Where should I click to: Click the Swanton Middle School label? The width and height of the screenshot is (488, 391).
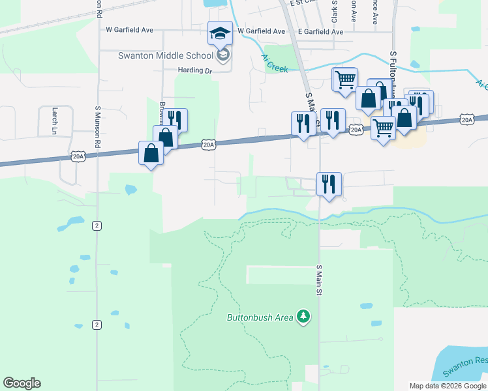(166, 55)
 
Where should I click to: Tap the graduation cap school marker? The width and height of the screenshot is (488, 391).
(221, 33)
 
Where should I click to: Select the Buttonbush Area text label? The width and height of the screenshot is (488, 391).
(260, 318)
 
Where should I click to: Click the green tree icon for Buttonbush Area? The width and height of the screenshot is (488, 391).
(303, 317)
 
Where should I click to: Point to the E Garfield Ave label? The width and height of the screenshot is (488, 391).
(320, 31)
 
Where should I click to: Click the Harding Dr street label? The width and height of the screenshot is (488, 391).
(195, 70)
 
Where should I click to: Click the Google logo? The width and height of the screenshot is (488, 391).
(22, 383)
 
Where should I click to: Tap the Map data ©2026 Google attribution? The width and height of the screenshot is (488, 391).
(448, 386)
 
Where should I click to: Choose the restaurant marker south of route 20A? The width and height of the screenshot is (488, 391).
(329, 183)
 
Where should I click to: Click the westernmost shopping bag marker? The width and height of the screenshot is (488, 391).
(151, 154)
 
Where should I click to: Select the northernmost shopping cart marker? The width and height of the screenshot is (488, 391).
(345, 79)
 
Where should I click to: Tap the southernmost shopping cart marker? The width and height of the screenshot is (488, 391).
(384, 128)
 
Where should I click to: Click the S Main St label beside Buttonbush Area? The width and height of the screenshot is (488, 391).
(320, 280)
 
